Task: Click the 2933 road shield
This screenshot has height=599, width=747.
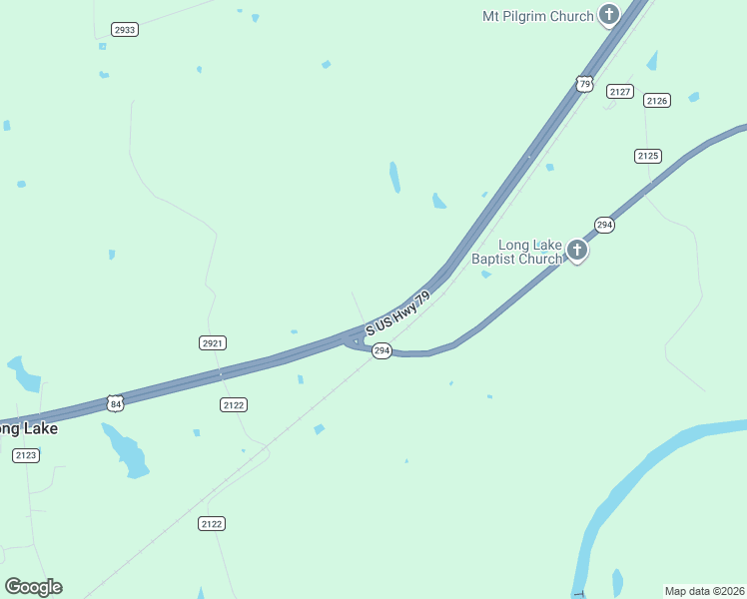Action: pyautogui.click(x=125, y=30)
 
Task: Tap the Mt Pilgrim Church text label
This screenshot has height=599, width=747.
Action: pyautogui.click(x=537, y=16)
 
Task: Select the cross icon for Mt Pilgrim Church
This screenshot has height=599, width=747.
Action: pyautogui.click(x=609, y=15)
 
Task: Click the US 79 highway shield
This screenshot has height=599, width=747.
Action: pyautogui.click(x=585, y=84)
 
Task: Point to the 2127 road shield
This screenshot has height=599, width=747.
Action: pyautogui.click(x=620, y=92)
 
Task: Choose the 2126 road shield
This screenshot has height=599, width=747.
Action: pyautogui.click(x=656, y=100)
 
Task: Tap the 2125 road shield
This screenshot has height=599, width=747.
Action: pyautogui.click(x=648, y=156)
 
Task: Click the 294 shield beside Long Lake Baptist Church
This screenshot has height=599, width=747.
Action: pyautogui.click(x=603, y=225)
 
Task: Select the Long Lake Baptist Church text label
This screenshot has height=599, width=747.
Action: pyautogui.click(x=516, y=252)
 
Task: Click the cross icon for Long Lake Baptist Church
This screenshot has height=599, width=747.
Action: pyautogui.click(x=576, y=250)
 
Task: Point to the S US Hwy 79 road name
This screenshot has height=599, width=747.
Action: pyautogui.click(x=397, y=312)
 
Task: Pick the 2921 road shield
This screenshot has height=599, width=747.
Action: pyautogui.click(x=212, y=342)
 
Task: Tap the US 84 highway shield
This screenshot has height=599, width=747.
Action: pyautogui.click(x=116, y=403)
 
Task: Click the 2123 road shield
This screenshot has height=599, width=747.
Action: pyautogui.click(x=26, y=455)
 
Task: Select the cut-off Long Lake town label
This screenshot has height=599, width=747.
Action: pyautogui.click(x=28, y=428)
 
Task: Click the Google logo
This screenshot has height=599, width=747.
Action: pyautogui.click(x=33, y=587)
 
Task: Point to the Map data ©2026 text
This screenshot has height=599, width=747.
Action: pyautogui.click(x=704, y=590)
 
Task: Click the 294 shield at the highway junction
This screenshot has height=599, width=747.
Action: pyautogui.click(x=381, y=351)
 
